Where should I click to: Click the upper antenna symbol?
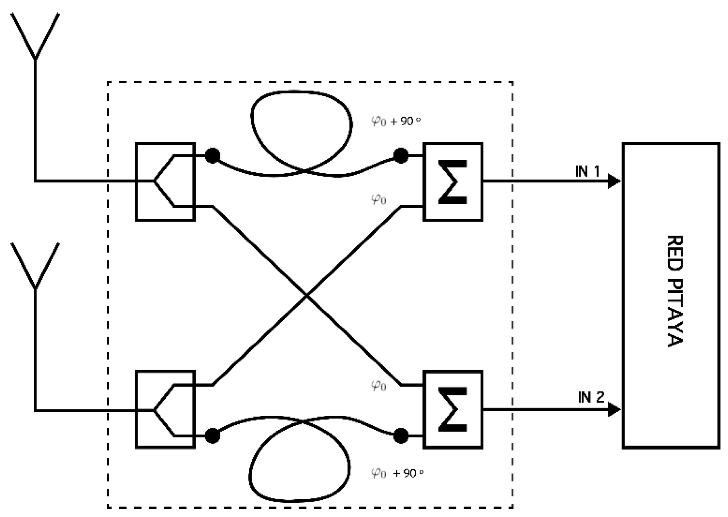pos(35,38)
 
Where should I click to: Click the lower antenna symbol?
pos(35,267)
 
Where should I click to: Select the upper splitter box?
pos(165,181)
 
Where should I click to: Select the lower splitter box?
pos(165,409)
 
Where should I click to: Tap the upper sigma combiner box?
pos(453,181)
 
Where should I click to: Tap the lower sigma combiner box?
pos(453,409)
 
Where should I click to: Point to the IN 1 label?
pos(587,171)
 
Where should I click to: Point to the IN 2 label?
pos(591,397)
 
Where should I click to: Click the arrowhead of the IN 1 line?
pos(614,181)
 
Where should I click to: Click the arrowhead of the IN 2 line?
pos(614,409)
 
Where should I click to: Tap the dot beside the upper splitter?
pos(212,155)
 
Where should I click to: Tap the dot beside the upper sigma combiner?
pos(400,155)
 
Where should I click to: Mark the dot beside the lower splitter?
pos(212,436)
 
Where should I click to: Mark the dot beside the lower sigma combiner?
pos(400,436)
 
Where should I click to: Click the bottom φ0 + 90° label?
pos(397,473)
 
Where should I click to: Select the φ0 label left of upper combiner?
pos(379,199)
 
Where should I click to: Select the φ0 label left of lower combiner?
pos(379,385)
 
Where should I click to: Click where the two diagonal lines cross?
pos(307,296)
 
